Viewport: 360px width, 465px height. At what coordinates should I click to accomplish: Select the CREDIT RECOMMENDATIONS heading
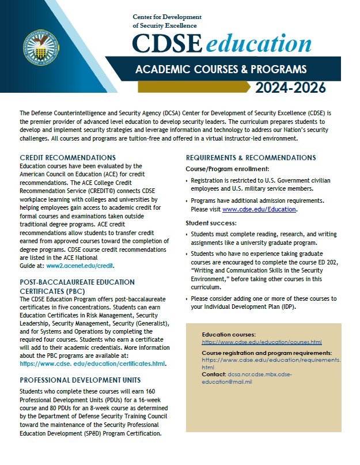(68, 157)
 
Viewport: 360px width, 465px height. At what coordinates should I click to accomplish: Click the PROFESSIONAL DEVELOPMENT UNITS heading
(79, 380)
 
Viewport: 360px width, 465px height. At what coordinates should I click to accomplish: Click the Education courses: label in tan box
(229, 334)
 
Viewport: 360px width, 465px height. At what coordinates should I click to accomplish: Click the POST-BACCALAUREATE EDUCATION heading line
(77, 282)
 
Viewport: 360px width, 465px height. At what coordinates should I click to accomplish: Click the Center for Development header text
(164, 18)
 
